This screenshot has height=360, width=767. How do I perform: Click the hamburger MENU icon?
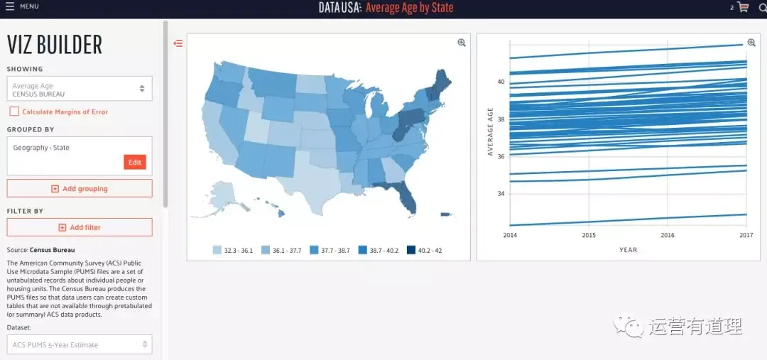[10, 6]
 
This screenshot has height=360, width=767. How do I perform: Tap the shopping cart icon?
[743, 7]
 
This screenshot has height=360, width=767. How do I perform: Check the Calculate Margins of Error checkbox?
[14, 111]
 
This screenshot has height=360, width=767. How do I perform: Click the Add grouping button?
[80, 188]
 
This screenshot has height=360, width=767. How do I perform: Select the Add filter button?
[80, 227]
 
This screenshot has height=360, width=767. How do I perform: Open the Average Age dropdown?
[80, 89]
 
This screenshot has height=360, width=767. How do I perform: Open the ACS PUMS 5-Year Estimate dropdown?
[80, 344]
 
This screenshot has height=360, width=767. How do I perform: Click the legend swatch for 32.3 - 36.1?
[217, 251]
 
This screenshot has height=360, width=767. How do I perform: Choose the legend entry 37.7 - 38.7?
[330, 251]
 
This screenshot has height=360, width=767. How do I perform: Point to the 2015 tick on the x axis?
[589, 235]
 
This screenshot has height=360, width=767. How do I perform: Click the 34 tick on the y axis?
[500, 194]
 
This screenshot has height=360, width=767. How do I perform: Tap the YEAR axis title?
[628, 250]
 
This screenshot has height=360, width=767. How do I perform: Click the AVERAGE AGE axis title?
[491, 131]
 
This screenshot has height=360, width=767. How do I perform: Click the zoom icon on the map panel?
[462, 43]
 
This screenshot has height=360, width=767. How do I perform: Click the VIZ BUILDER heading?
[54, 45]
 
